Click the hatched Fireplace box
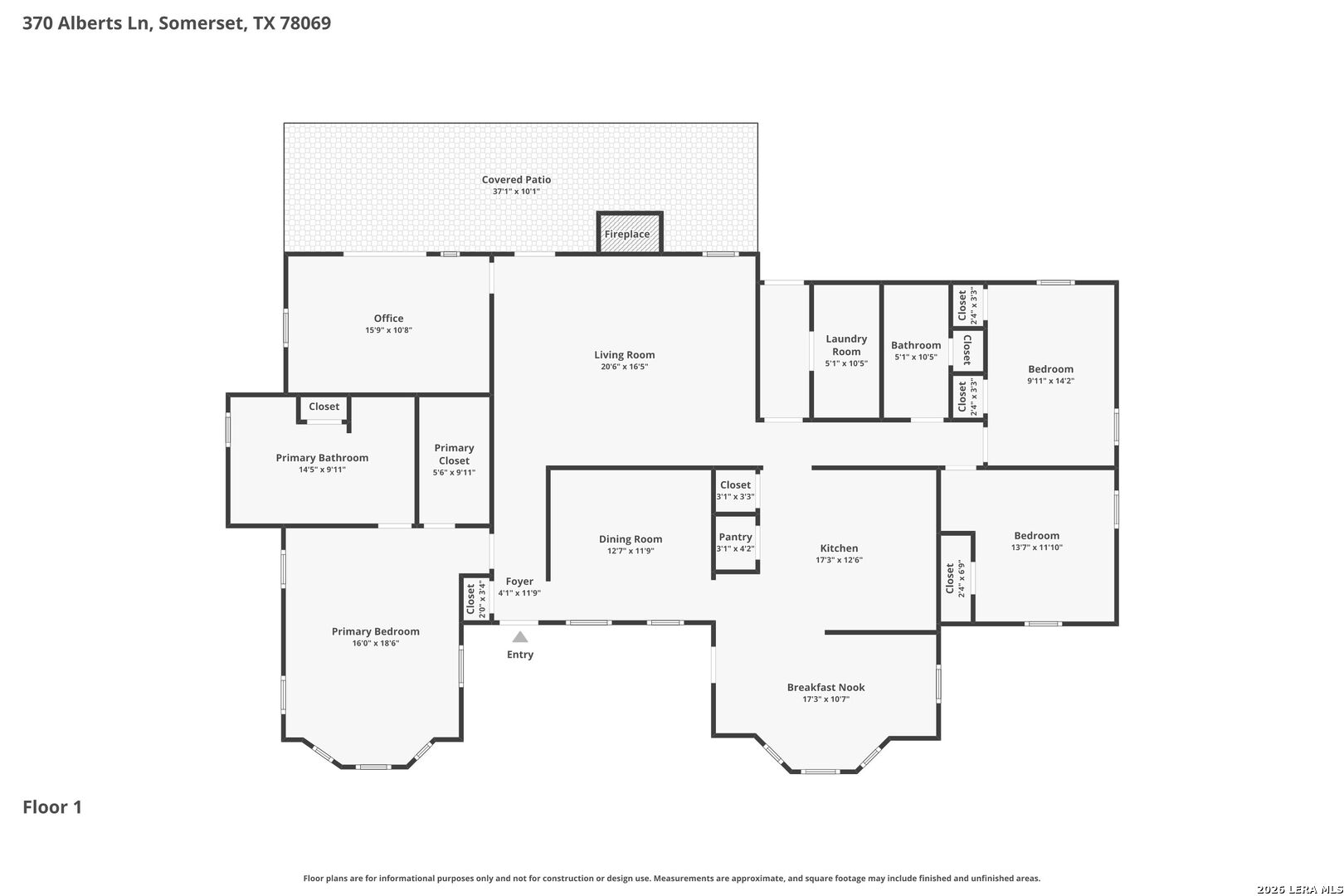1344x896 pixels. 630,232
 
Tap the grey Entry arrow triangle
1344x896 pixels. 520,637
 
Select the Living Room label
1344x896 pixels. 625,355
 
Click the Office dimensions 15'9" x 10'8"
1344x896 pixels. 389,330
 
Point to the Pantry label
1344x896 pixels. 735,537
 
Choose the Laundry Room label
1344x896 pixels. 846,345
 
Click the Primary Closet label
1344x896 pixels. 454,455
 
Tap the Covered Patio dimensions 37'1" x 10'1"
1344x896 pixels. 517,192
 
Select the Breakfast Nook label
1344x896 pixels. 826,687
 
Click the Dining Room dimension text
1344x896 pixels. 631,551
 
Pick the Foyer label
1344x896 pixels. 519,581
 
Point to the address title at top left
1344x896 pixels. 177,22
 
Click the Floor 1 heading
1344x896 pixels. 52,806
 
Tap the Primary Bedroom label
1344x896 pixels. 376,631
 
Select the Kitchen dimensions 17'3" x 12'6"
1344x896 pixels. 839,560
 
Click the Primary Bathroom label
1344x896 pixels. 322,457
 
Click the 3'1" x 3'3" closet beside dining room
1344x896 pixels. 736,490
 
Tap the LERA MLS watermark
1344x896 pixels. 1299,889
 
